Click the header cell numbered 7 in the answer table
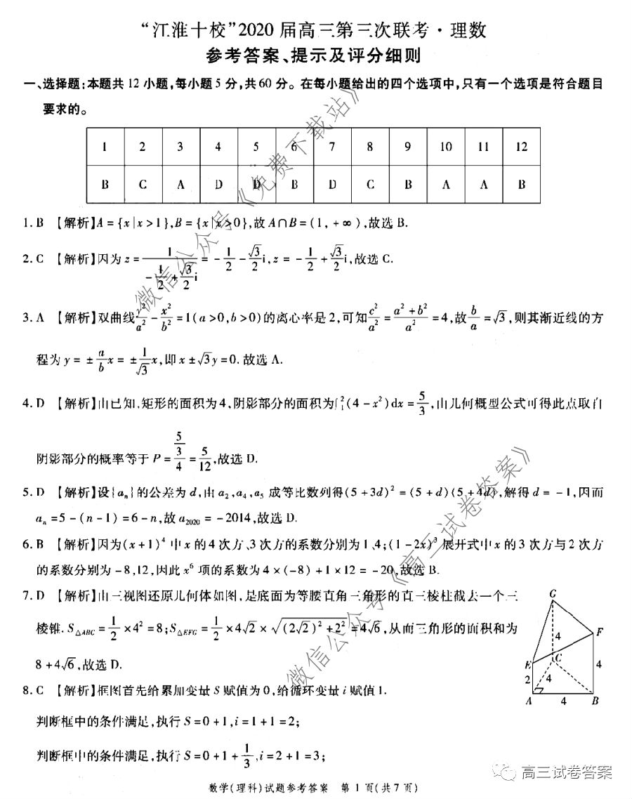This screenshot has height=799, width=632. pos(331,147)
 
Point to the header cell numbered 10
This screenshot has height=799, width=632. pos(445,147)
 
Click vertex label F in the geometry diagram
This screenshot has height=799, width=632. pos(599,632)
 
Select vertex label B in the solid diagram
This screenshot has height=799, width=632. pos(594,701)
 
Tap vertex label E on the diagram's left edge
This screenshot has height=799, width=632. pos(527,664)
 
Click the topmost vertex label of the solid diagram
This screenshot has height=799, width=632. pos(553,594)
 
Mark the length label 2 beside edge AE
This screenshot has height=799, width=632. pos(527,679)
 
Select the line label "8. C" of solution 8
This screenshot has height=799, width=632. pos(33,690)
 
